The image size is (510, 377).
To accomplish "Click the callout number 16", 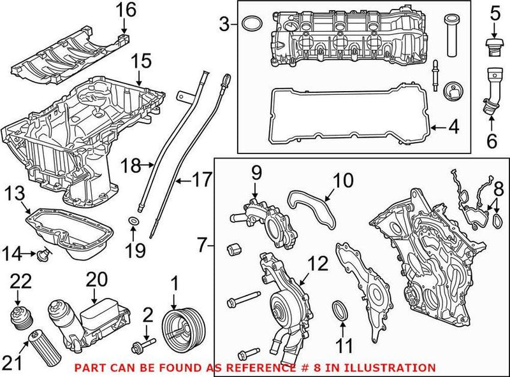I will (125, 10).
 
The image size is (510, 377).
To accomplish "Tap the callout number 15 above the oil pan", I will (142, 62).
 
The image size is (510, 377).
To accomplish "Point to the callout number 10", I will (344, 181).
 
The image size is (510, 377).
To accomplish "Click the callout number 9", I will (255, 172).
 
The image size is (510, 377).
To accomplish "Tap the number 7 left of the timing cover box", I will (203, 245).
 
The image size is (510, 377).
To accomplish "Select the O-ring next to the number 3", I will (251, 24).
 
